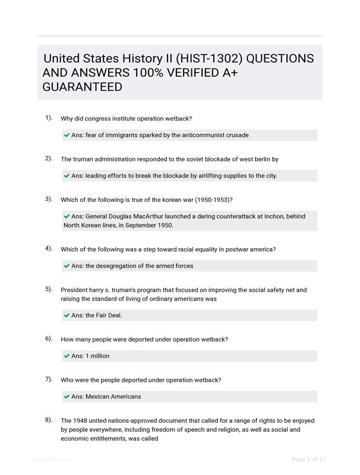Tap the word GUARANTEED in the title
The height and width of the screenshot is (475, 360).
(x=83, y=87)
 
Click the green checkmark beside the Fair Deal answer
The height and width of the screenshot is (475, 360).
(x=67, y=315)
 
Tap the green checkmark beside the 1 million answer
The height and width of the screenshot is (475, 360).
(x=67, y=356)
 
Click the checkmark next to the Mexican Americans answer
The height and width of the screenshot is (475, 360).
(x=67, y=396)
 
